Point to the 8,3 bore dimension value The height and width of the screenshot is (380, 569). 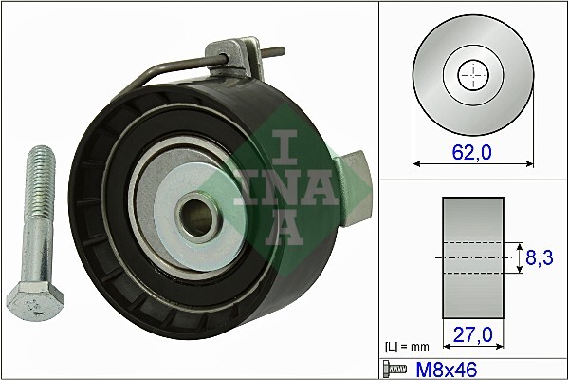[x=540, y=256]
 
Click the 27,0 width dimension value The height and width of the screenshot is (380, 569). [x=472, y=334]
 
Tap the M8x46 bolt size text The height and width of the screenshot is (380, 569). [x=437, y=368]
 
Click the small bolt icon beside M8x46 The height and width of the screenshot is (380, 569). [x=394, y=368]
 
